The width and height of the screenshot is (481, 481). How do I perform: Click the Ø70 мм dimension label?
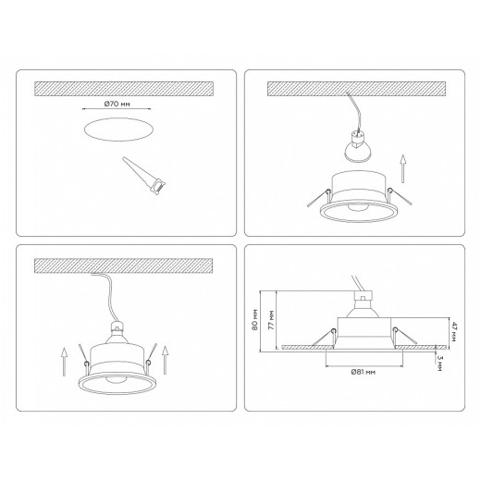(x=117, y=104)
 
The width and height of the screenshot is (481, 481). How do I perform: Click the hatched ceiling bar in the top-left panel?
(x=124, y=89)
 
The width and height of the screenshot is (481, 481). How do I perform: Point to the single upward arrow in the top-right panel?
(x=402, y=169)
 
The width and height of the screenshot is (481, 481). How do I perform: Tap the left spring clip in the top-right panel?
(x=319, y=197)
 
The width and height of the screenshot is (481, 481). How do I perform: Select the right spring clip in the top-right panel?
(x=400, y=196)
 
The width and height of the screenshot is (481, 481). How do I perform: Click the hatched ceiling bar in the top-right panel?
(x=356, y=89)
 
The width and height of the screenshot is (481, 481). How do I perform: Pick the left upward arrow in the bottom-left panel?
(x=64, y=362)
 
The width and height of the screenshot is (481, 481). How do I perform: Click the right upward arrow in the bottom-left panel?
(x=165, y=360)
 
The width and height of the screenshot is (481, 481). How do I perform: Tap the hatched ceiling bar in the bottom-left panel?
(x=124, y=265)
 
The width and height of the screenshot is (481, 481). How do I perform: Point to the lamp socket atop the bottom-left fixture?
(x=117, y=327)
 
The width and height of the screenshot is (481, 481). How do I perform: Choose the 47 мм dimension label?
(x=453, y=331)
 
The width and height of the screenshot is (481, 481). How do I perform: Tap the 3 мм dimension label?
(x=439, y=363)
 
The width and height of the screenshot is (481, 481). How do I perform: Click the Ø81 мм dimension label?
(x=364, y=372)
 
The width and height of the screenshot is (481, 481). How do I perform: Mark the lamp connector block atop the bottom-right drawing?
(x=364, y=296)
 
